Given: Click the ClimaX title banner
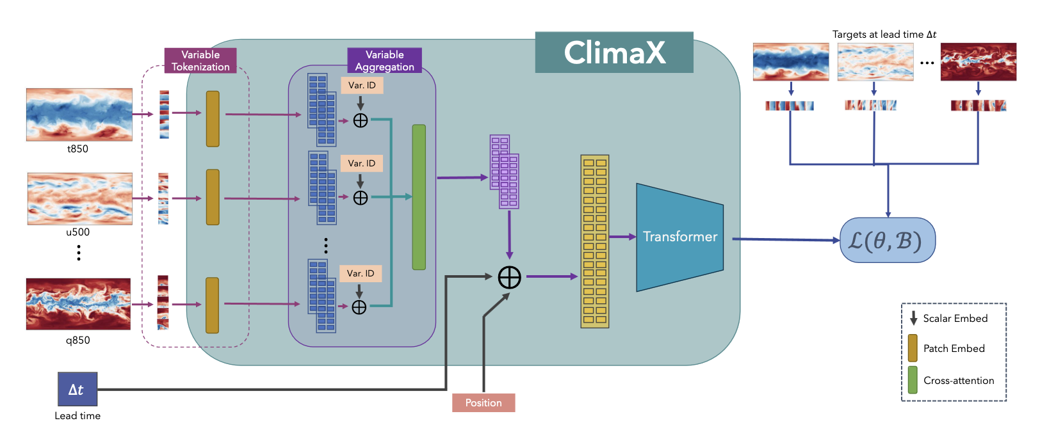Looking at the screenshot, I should [613, 52].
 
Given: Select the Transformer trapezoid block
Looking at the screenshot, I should [679, 237].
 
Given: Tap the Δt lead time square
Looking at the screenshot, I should [77, 389].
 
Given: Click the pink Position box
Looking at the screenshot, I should [483, 403].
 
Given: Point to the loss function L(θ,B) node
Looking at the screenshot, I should [887, 241].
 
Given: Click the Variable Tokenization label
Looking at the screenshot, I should [200, 61].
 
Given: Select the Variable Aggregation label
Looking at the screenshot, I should [384, 61].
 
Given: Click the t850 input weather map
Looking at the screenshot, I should [79, 115].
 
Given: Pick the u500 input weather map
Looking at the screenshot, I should [79, 198].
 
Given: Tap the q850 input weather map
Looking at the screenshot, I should [78, 304].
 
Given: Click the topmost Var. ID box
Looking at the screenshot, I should [362, 85].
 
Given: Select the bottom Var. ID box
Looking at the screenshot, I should [361, 273].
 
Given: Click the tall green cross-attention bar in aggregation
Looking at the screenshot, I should [419, 197].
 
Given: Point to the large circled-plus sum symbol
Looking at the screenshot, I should [509, 277].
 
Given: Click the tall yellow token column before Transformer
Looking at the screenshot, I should [594, 241].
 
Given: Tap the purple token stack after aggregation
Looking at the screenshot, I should [505, 172].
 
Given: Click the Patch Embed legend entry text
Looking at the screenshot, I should [954, 348].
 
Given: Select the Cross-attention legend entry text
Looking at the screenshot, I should [958, 380].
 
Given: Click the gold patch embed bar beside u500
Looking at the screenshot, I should [213, 197].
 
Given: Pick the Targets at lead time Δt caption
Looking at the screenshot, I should [884, 35].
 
